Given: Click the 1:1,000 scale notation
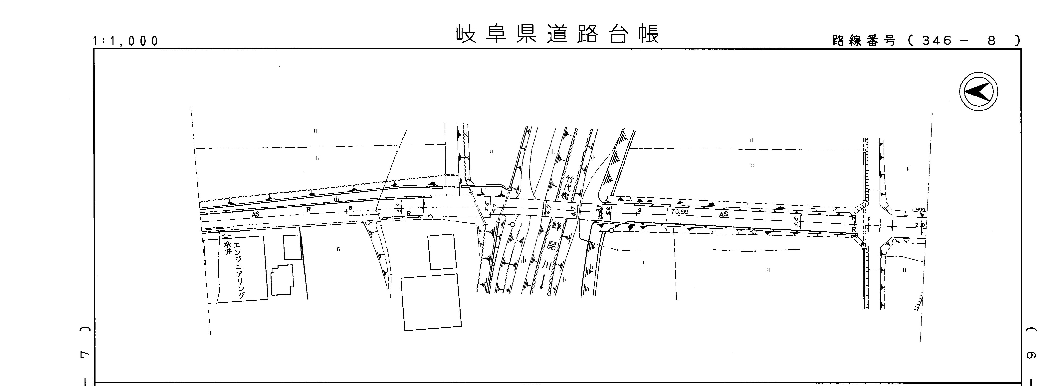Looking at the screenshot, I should tap(125, 41).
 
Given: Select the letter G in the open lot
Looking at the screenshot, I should tap(338, 249).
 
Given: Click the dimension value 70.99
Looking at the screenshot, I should tap(680, 212).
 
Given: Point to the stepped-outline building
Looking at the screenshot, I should tap(282, 280).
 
